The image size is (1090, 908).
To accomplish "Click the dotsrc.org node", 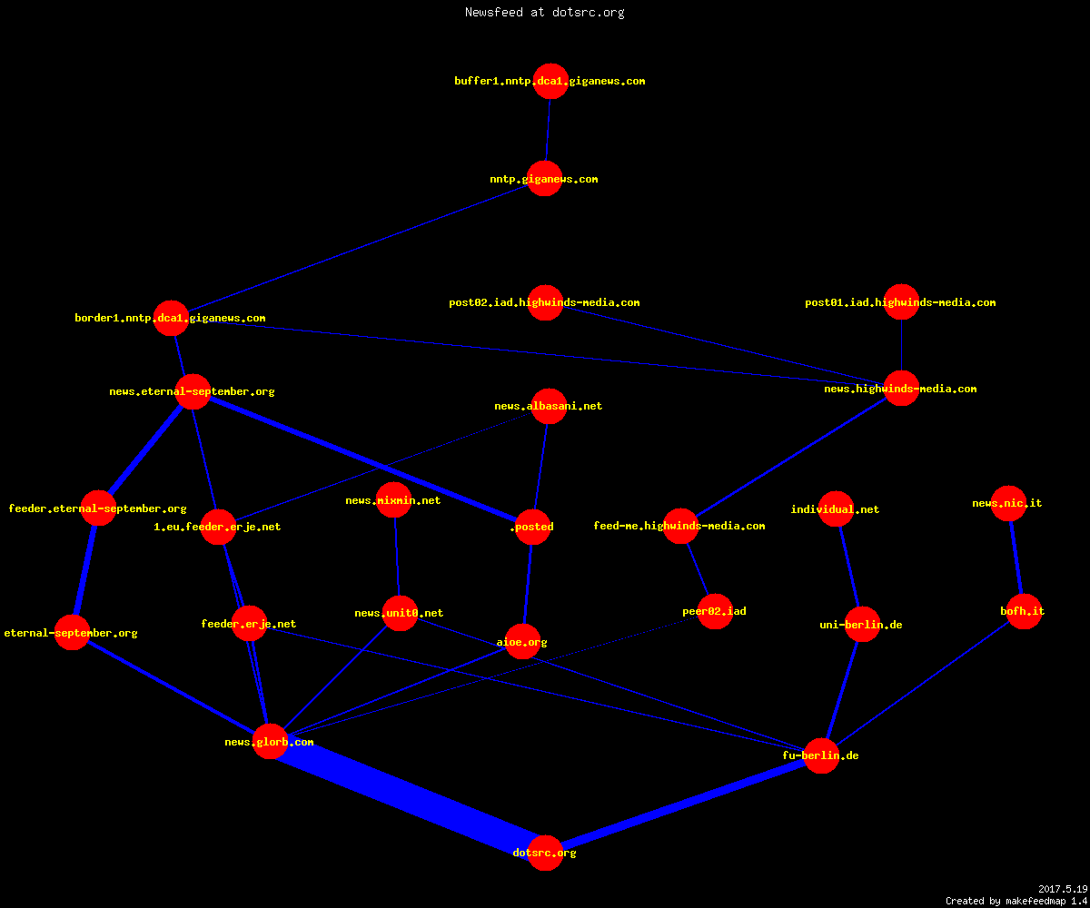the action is click(x=545, y=853).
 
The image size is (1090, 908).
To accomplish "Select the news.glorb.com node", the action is click(x=270, y=742).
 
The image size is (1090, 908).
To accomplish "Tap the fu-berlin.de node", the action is click(x=821, y=755).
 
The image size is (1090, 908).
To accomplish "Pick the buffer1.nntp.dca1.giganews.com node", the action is click(x=550, y=81).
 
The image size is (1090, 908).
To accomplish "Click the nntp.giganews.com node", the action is click(x=544, y=179).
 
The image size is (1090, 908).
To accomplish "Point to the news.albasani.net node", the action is click(x=549, y=406).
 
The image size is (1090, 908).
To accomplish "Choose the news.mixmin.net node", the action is click(x=393, y=500).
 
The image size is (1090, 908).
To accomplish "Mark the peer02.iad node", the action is click(x=715, y=611).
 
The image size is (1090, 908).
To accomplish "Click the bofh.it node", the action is click(x=1024, y=611).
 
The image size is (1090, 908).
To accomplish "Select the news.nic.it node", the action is click(x=1008, y=503).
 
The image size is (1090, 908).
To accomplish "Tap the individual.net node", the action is click(x=837, y=508).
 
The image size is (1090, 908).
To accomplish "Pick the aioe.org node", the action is click(x=522, y=641).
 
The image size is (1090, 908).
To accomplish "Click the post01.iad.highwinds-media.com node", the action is click(x=902, y=302).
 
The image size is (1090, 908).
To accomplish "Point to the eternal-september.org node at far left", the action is click(x=72, y=633).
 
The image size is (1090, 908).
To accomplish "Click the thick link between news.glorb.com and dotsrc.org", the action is click(x=408, y=797).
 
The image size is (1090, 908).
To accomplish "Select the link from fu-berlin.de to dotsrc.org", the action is click(x=683, y=804).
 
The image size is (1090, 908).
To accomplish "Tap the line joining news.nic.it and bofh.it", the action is click(x=1016, y=558).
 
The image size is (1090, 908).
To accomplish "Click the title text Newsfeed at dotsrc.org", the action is click(x=544, y=12).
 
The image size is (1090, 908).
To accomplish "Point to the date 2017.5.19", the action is click(x=1063, y=889).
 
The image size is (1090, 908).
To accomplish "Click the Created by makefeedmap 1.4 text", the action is click(x=1016, y=902).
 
